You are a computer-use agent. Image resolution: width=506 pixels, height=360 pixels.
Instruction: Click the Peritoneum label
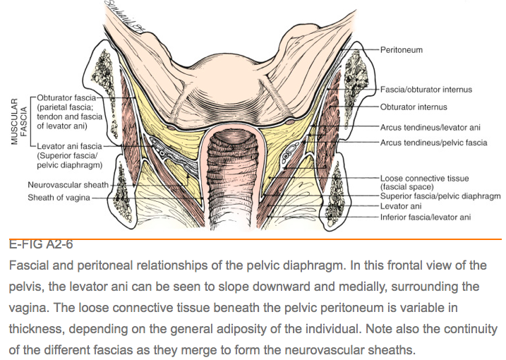pos(402,51)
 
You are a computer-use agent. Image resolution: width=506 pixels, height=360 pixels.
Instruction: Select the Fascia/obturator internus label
pos(426,90)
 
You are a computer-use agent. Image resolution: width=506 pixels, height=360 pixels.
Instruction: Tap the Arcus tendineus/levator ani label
pos(420,127)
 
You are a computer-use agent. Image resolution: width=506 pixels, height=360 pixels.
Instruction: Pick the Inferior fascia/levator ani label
pos(425,217)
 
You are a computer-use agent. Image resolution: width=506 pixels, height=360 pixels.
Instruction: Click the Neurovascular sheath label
pos(68,185)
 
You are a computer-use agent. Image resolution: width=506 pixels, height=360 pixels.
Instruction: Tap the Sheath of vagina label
pos(59,198)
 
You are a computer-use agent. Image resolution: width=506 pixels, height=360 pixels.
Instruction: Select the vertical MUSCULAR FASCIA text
pos(18,123)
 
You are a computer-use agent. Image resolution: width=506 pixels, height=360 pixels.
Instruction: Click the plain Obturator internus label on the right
pos(414,107)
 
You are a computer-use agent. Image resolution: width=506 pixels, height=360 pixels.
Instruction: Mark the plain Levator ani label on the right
pos(401,206)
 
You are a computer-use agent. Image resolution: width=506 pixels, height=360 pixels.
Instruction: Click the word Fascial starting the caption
pos(30,266)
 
